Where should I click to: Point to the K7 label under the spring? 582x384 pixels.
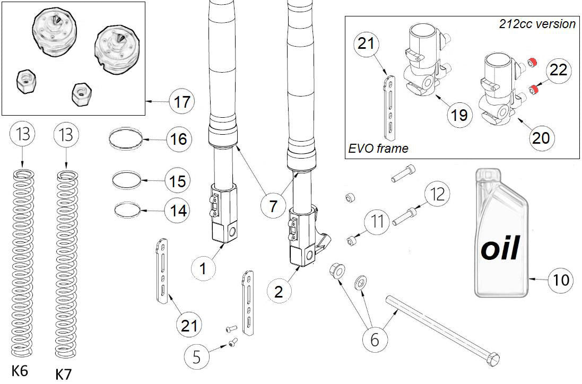[64, 374]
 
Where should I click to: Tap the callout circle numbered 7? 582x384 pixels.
[273, 206]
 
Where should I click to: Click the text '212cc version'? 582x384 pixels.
[537, 24]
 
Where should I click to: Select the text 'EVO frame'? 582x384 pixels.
[378, 149]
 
